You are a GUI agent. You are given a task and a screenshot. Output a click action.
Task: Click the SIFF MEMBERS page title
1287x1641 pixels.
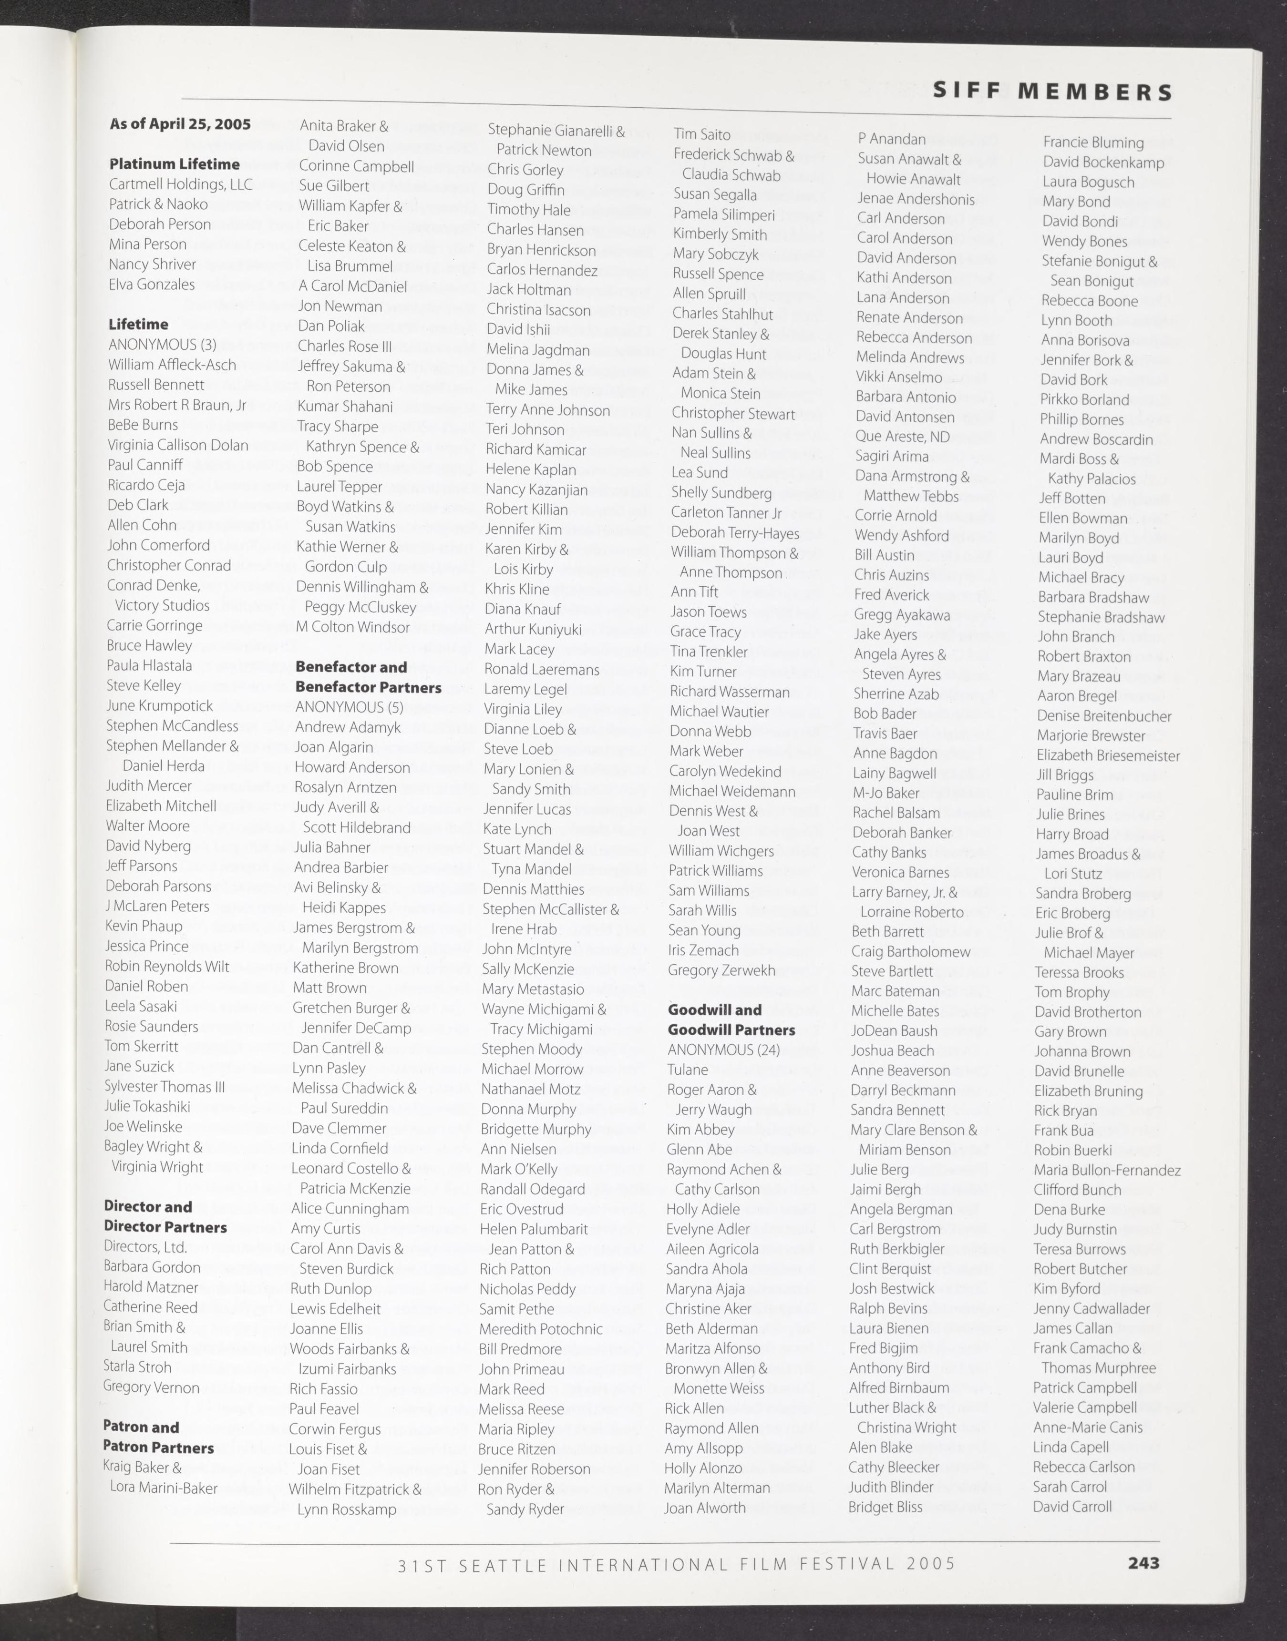click(1052, 92)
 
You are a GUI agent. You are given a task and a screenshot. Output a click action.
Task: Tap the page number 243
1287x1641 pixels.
click(1143, 1563)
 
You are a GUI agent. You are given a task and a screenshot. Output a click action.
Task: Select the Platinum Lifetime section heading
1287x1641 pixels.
click(174, 164)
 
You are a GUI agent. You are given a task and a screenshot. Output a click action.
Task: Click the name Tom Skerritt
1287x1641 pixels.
click(142, 1046)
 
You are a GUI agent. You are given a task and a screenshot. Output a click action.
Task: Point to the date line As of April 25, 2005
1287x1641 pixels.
click(180, 124)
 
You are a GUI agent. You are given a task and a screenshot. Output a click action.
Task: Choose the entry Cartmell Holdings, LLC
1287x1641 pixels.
click(181, 184)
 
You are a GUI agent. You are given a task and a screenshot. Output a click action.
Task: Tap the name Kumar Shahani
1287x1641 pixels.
click(345, 407)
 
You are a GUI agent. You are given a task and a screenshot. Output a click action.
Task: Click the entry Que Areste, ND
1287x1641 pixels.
click(902, 437)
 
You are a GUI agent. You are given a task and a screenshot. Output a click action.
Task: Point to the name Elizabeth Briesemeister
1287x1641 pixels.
click(1108, 755)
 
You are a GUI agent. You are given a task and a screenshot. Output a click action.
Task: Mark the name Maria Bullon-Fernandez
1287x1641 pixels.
click(1107, 1170)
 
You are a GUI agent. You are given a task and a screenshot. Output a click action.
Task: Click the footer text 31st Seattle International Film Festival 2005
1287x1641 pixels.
click(676, 1564)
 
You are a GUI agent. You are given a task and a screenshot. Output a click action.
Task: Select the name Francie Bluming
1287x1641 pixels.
click(1092, 143)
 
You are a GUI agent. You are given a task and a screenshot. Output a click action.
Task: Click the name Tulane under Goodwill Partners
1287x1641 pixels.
click(687, 1070)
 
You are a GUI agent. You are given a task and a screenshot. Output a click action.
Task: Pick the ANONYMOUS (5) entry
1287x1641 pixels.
click(349, 707)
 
